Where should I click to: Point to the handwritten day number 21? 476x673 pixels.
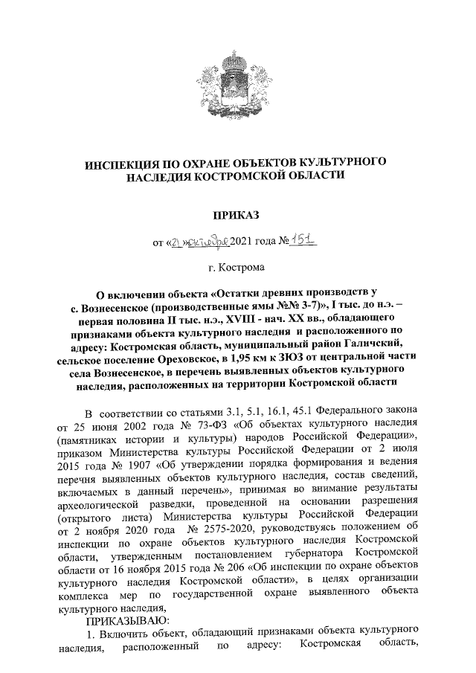pyautogui.click(x=177, y=241)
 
